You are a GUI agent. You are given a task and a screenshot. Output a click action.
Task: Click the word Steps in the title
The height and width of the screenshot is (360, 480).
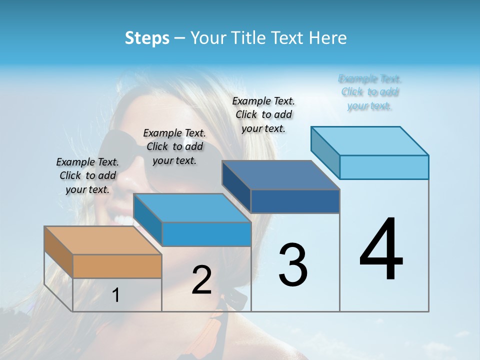pos(147,38)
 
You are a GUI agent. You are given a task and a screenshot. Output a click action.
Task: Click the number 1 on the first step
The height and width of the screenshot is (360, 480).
pos(116,295)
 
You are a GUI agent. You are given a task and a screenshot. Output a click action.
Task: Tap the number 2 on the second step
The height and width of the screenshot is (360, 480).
pos(201,280)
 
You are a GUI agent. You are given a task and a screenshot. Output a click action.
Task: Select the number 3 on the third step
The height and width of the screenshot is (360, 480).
pos(293,265)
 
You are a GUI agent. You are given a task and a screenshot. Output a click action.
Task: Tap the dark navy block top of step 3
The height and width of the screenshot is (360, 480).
pos(280,175)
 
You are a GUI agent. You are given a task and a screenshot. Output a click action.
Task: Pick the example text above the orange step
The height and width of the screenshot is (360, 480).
pos(87,175)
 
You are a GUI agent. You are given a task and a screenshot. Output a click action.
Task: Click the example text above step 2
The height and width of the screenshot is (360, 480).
pos(174,146)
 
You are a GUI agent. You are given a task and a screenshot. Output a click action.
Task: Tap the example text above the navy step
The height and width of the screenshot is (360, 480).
pos(263,114)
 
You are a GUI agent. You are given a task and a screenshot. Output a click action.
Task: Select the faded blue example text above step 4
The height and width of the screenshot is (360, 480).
pos(370,92)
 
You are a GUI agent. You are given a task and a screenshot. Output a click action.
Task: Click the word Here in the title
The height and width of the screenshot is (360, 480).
pos(329,38)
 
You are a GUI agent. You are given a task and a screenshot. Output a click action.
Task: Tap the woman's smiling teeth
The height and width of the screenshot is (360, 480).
pos(122,218)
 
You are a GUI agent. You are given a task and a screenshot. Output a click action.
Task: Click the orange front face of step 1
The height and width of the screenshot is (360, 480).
pos(117,266)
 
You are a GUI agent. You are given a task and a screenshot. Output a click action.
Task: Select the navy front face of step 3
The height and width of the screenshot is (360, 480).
pos(295,201)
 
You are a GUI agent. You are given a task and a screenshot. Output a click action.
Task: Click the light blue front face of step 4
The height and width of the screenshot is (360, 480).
pos(384,167)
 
